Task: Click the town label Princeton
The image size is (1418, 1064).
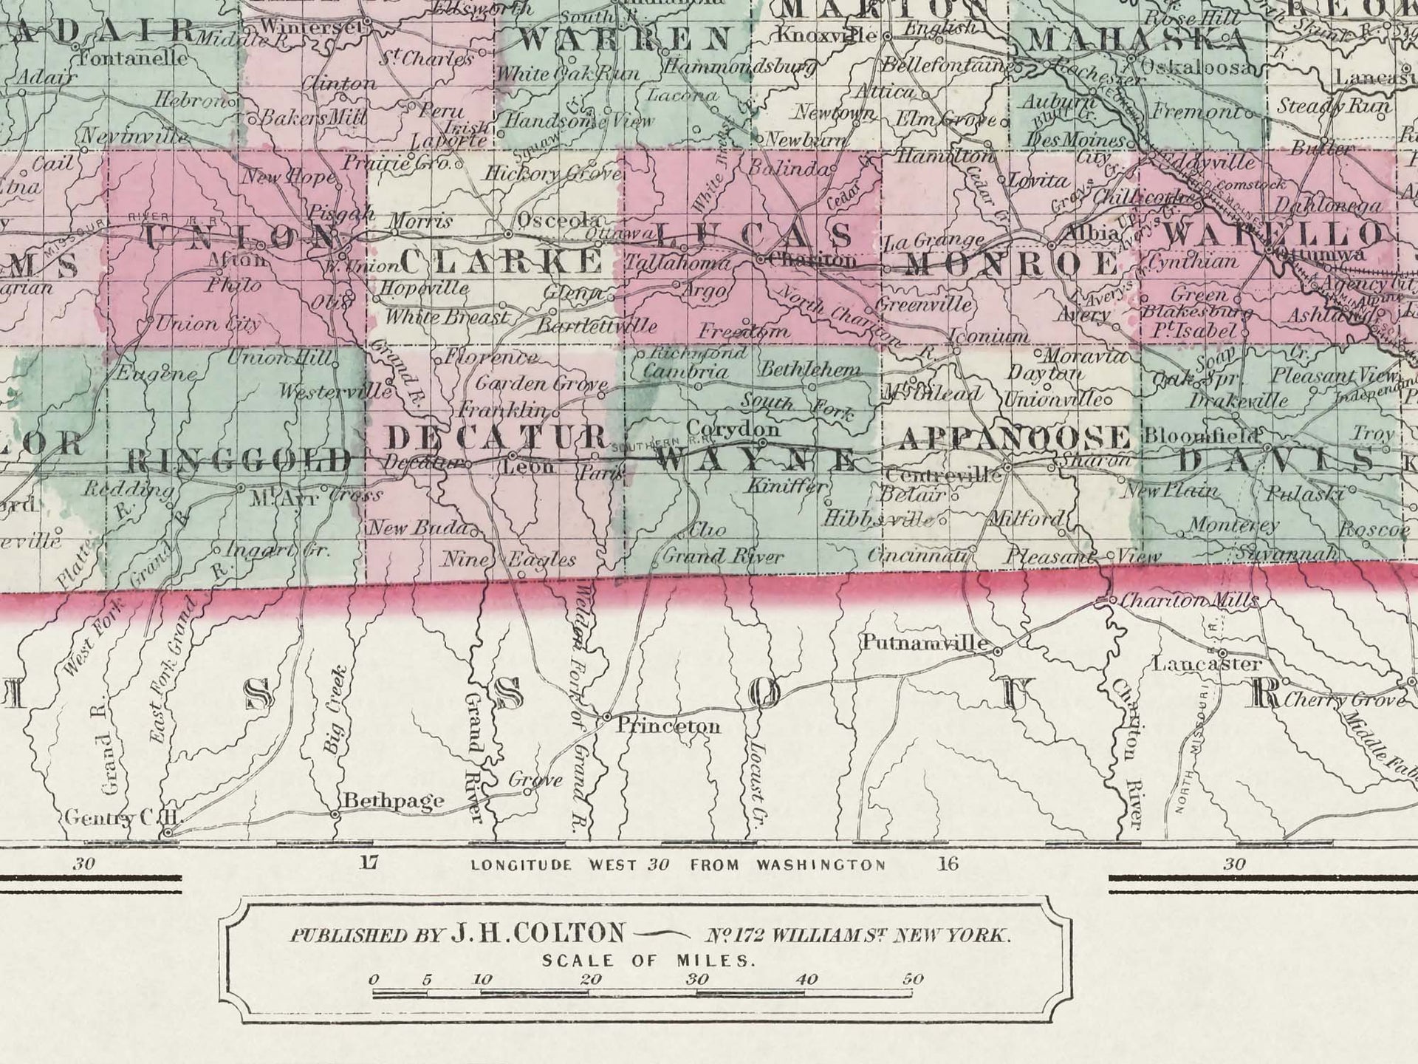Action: [668, 726]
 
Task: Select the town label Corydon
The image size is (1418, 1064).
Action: [733, 429]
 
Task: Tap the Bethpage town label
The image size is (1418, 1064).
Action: [394, 800]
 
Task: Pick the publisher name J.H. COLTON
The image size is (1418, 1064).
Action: [538, 933]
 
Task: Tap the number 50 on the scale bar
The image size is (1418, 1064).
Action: [913, 980]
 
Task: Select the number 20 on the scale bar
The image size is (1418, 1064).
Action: [590, 980]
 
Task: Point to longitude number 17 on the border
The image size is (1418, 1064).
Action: [369, 862]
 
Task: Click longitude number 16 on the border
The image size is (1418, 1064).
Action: [948, 863]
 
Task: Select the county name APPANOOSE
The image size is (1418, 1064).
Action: [1014, 437]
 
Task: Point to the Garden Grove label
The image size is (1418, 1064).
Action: [541, 383]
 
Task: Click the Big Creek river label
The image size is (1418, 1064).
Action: [335, 709]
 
